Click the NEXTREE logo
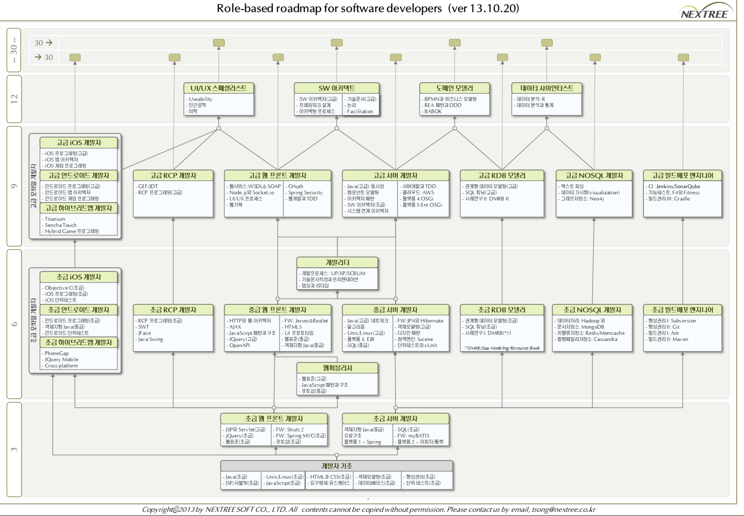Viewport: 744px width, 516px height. (704, 12)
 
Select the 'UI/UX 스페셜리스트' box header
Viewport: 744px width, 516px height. (219, 88)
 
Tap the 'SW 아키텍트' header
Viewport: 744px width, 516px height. (336, 88)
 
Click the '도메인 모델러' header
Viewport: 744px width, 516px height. (454, 88)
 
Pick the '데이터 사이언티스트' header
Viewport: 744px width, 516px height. (547, 88)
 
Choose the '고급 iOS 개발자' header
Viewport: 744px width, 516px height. (79, 143)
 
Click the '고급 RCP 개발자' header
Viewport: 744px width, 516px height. (173, 176)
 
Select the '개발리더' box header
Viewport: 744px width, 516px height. (337, 262)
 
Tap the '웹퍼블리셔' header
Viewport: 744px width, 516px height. (337, 368)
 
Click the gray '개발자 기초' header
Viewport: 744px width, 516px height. (336, 466)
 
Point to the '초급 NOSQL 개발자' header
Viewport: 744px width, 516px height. (592, 310)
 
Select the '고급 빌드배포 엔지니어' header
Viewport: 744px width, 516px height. (683, 176)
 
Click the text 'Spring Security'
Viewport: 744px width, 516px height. (305, 193)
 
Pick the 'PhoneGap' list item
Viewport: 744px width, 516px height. (56, 353)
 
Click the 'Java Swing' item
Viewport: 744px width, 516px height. (150, 339)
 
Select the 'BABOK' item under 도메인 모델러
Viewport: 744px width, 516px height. (433, 111)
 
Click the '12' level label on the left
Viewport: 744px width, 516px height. (14, 98)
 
